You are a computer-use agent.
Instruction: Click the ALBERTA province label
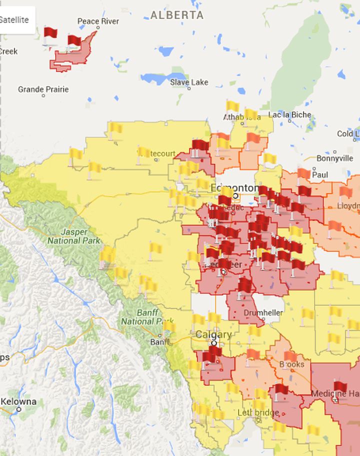[177, 15]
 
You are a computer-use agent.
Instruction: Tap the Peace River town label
[98, 21]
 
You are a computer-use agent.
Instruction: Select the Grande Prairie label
[43, 89]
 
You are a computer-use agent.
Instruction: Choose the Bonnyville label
[334, 158]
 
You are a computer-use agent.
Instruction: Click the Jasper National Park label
[67, 236]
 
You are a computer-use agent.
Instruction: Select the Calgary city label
[213, 334]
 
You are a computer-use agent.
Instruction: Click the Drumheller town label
[263, 313]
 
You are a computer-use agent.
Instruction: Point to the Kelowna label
[18, 401]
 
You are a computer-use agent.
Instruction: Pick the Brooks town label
[291, 364]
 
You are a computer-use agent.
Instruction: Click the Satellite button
[15, 20]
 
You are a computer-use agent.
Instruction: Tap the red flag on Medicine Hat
[340, 387]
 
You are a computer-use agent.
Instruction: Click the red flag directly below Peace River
[73, 41]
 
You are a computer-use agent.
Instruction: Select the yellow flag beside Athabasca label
[232, 106]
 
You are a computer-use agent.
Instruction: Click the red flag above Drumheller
[244, 285]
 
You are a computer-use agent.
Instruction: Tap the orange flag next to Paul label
[303, 174]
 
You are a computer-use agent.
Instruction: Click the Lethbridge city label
[258, 412]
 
